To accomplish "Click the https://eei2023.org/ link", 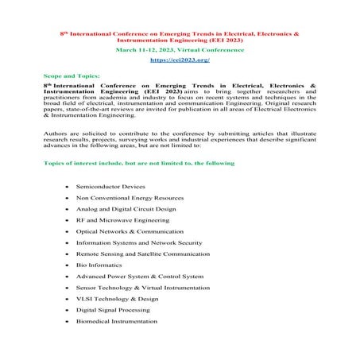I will coord(180,60).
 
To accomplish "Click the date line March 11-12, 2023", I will coord(180,49).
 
